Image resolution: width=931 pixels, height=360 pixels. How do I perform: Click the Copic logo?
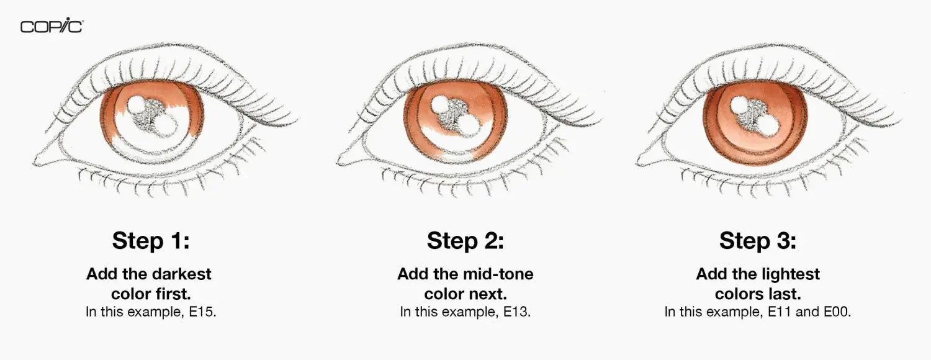point(52,26)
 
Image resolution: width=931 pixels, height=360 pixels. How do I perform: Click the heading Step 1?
point(150,241)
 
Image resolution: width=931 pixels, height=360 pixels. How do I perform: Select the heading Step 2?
point(465,241)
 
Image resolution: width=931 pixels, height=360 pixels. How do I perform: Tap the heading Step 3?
point(757,241)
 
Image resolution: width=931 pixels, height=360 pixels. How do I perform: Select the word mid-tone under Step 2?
point(498,274)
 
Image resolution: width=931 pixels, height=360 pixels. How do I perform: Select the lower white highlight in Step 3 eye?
point(767,125)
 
